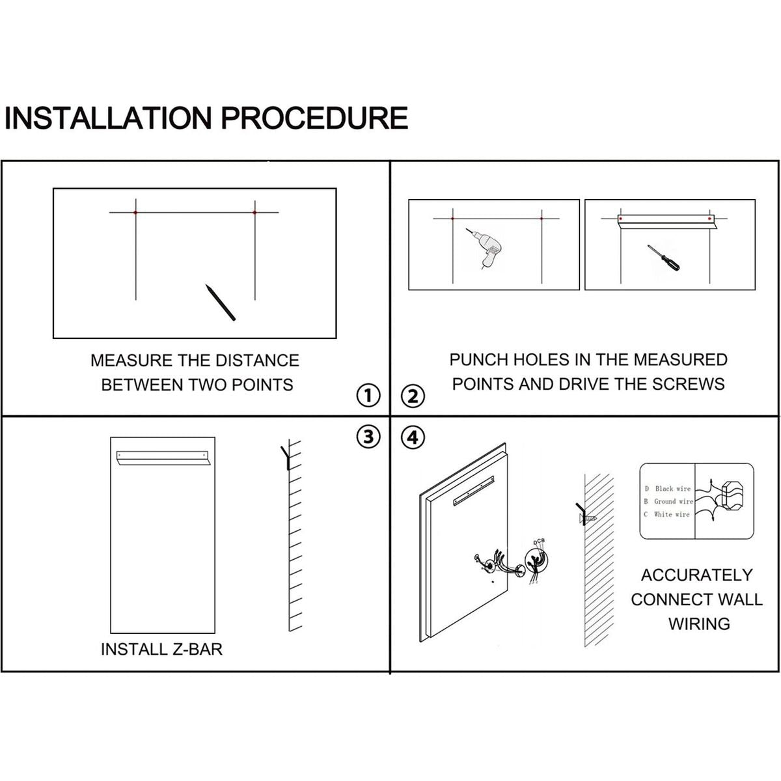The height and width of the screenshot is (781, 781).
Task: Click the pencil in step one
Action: point(220,302)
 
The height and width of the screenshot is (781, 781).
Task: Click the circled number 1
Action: point(368,395)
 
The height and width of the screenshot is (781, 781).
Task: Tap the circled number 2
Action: point(413,396)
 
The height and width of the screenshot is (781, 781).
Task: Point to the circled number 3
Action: point(368,437)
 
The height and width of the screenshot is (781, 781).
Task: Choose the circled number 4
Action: point(413,437)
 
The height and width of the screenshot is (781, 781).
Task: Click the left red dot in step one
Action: point(135,213)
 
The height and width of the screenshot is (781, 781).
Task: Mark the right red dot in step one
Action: point(255,213)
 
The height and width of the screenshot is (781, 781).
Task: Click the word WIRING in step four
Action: point(699,623)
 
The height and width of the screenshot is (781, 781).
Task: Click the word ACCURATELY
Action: point(696,575)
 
